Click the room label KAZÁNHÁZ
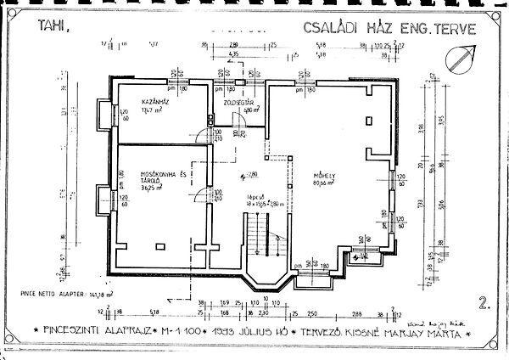pos(155,102)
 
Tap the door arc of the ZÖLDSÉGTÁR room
pos(239,120)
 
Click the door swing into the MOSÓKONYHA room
pos(200,198)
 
